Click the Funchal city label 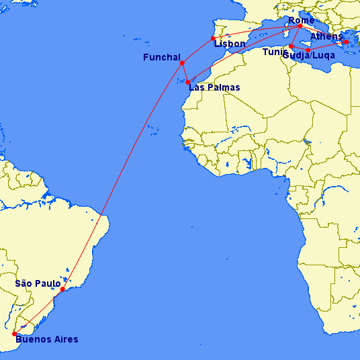[161, 58]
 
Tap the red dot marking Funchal [182, 63]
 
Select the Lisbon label [230, 44]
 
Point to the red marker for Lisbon [213, 38]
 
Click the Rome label [300, 20]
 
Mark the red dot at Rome [300, 27]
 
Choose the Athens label [326, 36]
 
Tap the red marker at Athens [346, 42]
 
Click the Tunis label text [275, 52]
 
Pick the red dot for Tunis [291, 46]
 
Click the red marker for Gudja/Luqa [308, 50]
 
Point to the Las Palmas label [214, 87]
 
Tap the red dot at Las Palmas [188, 82]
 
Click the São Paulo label [38, 283]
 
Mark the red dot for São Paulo [62, 289]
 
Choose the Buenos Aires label [46, 339]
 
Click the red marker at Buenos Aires [14, 334]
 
